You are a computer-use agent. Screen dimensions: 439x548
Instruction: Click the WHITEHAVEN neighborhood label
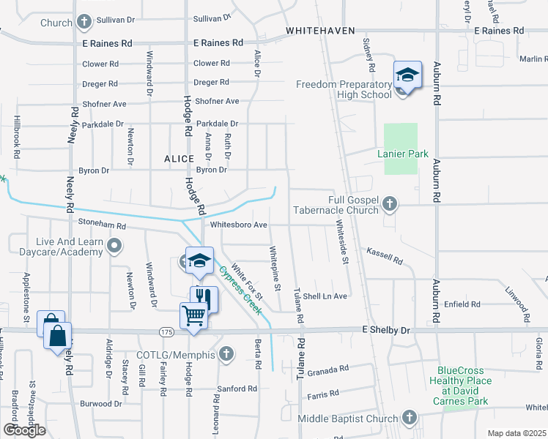[x=320, y=31]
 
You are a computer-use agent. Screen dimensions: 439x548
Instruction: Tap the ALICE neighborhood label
[x=179, y=158]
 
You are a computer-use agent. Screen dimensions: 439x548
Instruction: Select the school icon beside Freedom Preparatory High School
[x=407, y=75]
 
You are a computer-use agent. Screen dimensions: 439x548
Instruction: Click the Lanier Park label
[x=402, y=154]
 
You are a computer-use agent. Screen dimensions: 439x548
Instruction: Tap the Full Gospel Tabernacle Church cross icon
[x=390, y=204]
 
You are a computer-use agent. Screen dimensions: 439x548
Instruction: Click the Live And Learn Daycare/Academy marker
[x=114, y=246]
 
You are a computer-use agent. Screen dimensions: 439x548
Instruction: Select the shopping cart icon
[x=194, y=315]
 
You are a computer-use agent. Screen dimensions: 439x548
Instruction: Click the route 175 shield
[x=168, y=331]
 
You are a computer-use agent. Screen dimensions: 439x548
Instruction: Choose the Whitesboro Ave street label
[x=238, y=225]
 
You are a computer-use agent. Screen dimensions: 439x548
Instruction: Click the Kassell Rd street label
[x=385, y=255]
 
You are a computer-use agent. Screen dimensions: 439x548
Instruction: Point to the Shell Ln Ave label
[x=325, y=296]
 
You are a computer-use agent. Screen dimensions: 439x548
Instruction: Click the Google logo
[x=24, y=430]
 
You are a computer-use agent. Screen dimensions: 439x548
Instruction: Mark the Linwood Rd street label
[x=517, y=300]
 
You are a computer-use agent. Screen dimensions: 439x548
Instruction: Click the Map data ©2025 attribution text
[x=516, y=433]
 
